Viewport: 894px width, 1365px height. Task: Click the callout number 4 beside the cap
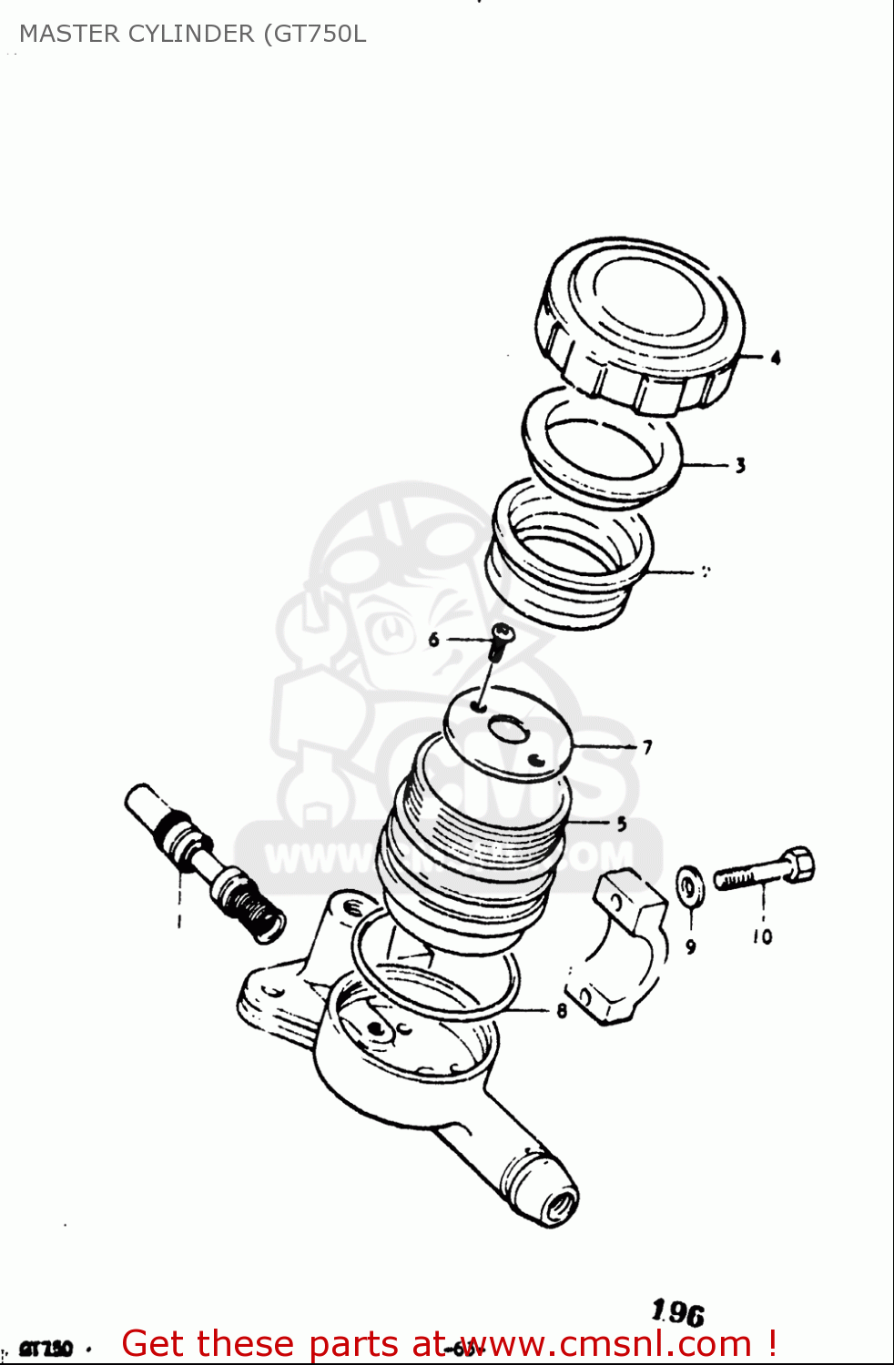(776, 358)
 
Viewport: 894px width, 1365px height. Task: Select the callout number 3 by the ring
(740, 465)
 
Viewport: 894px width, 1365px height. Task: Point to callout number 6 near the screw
(433, 640)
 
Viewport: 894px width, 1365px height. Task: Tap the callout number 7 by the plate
(647, 747)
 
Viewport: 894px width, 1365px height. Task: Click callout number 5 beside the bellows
(622, 824)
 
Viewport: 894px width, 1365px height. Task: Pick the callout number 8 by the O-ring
(562, 1010)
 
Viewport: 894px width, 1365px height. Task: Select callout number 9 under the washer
(691, 946)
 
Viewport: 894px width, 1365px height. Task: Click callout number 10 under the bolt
(762, 935)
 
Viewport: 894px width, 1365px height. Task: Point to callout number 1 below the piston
(179, 921)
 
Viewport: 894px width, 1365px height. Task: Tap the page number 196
(678, 1312)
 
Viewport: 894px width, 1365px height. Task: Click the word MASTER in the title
(68, 34)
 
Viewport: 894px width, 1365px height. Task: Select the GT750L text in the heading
(319, 34)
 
